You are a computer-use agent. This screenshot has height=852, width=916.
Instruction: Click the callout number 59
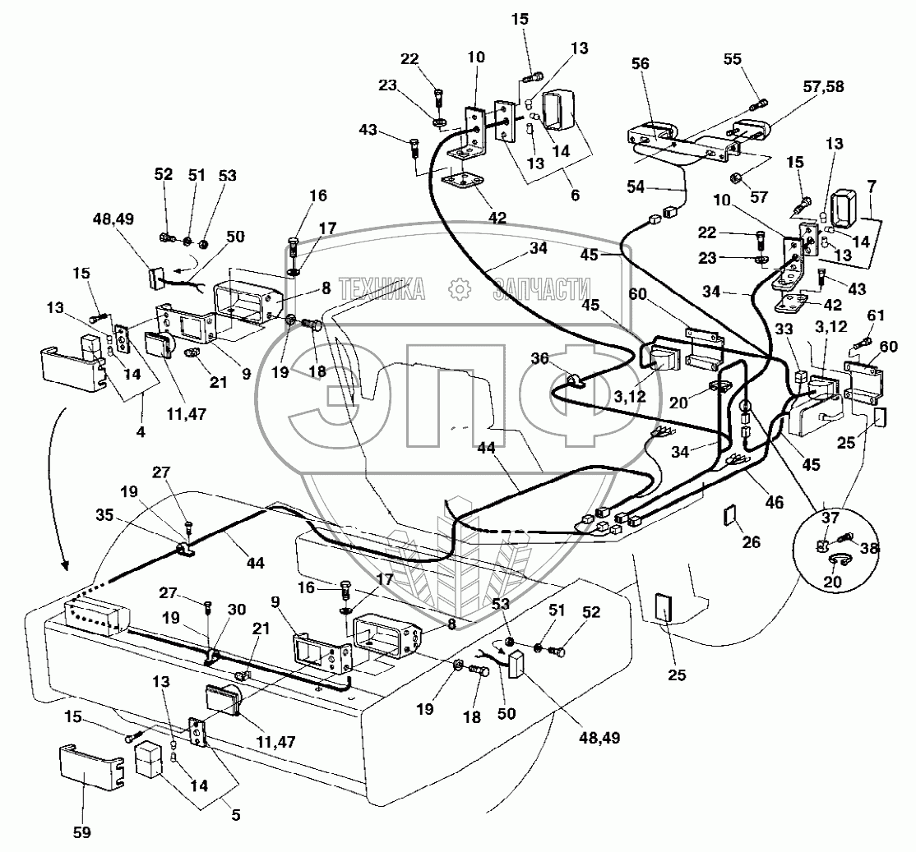coord(80,831)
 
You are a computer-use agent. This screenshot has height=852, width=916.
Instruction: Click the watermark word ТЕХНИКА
coord(382,288)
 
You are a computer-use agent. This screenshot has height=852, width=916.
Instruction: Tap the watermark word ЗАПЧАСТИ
coord(542,288)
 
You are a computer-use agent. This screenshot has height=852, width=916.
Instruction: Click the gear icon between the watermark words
coord(459,288)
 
